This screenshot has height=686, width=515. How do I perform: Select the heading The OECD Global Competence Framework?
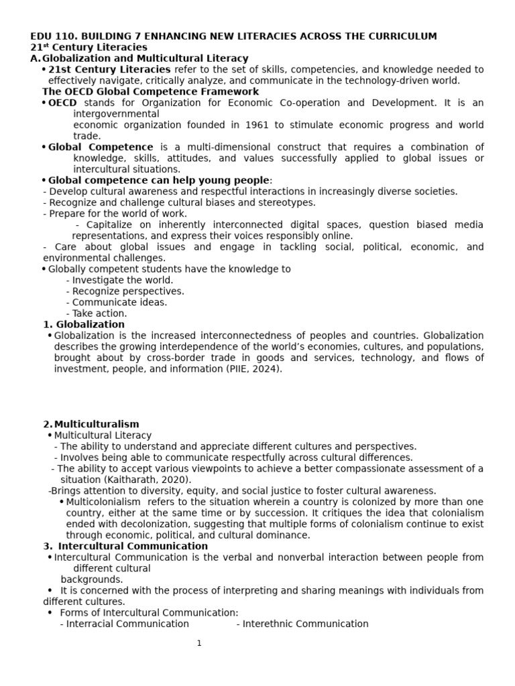(x=150, y=92)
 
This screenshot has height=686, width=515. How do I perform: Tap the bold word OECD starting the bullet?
(x=62, y=103)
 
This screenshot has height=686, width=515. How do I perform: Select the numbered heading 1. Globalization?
(x=84, y=324)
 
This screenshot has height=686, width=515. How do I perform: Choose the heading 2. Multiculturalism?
(x=91, y=424)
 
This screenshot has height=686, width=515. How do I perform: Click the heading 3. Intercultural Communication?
(x=125, y=546)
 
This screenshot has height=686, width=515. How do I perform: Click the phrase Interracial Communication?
(x=125, y=624)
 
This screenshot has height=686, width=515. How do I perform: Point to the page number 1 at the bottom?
(x=199, y=644)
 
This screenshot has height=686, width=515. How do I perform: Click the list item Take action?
(x=97, y=314)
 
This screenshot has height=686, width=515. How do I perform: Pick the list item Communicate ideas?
(x=117, y=302)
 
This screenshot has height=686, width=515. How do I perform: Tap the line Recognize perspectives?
(x=125, y=291)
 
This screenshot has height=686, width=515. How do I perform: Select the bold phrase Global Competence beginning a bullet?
(x=101, y=147)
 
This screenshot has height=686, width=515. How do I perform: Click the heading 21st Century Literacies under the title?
(x=89, y=48)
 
